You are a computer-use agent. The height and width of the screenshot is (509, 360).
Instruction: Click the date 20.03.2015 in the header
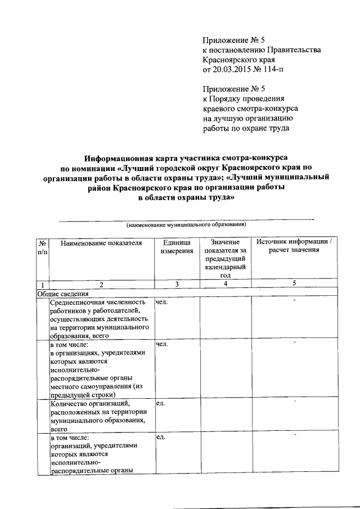(231, 69)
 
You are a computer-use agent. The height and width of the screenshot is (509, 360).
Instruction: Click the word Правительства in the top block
(291, 50)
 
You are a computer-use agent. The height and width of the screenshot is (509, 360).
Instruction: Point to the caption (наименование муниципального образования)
(187, 224)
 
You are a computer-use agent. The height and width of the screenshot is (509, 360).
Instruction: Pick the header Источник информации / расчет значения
(294, 246)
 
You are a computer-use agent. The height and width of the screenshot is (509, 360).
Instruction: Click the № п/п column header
(42, 247)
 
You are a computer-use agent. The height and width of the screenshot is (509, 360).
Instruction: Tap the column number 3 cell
(177, 285)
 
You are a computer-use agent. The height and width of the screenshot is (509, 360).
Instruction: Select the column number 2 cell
(101, 285)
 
